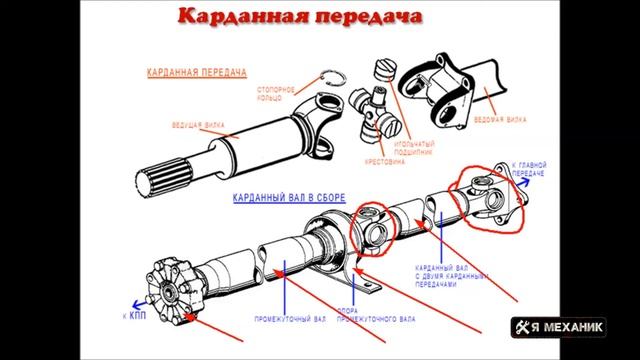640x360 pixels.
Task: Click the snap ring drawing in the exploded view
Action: click(333, 79)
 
